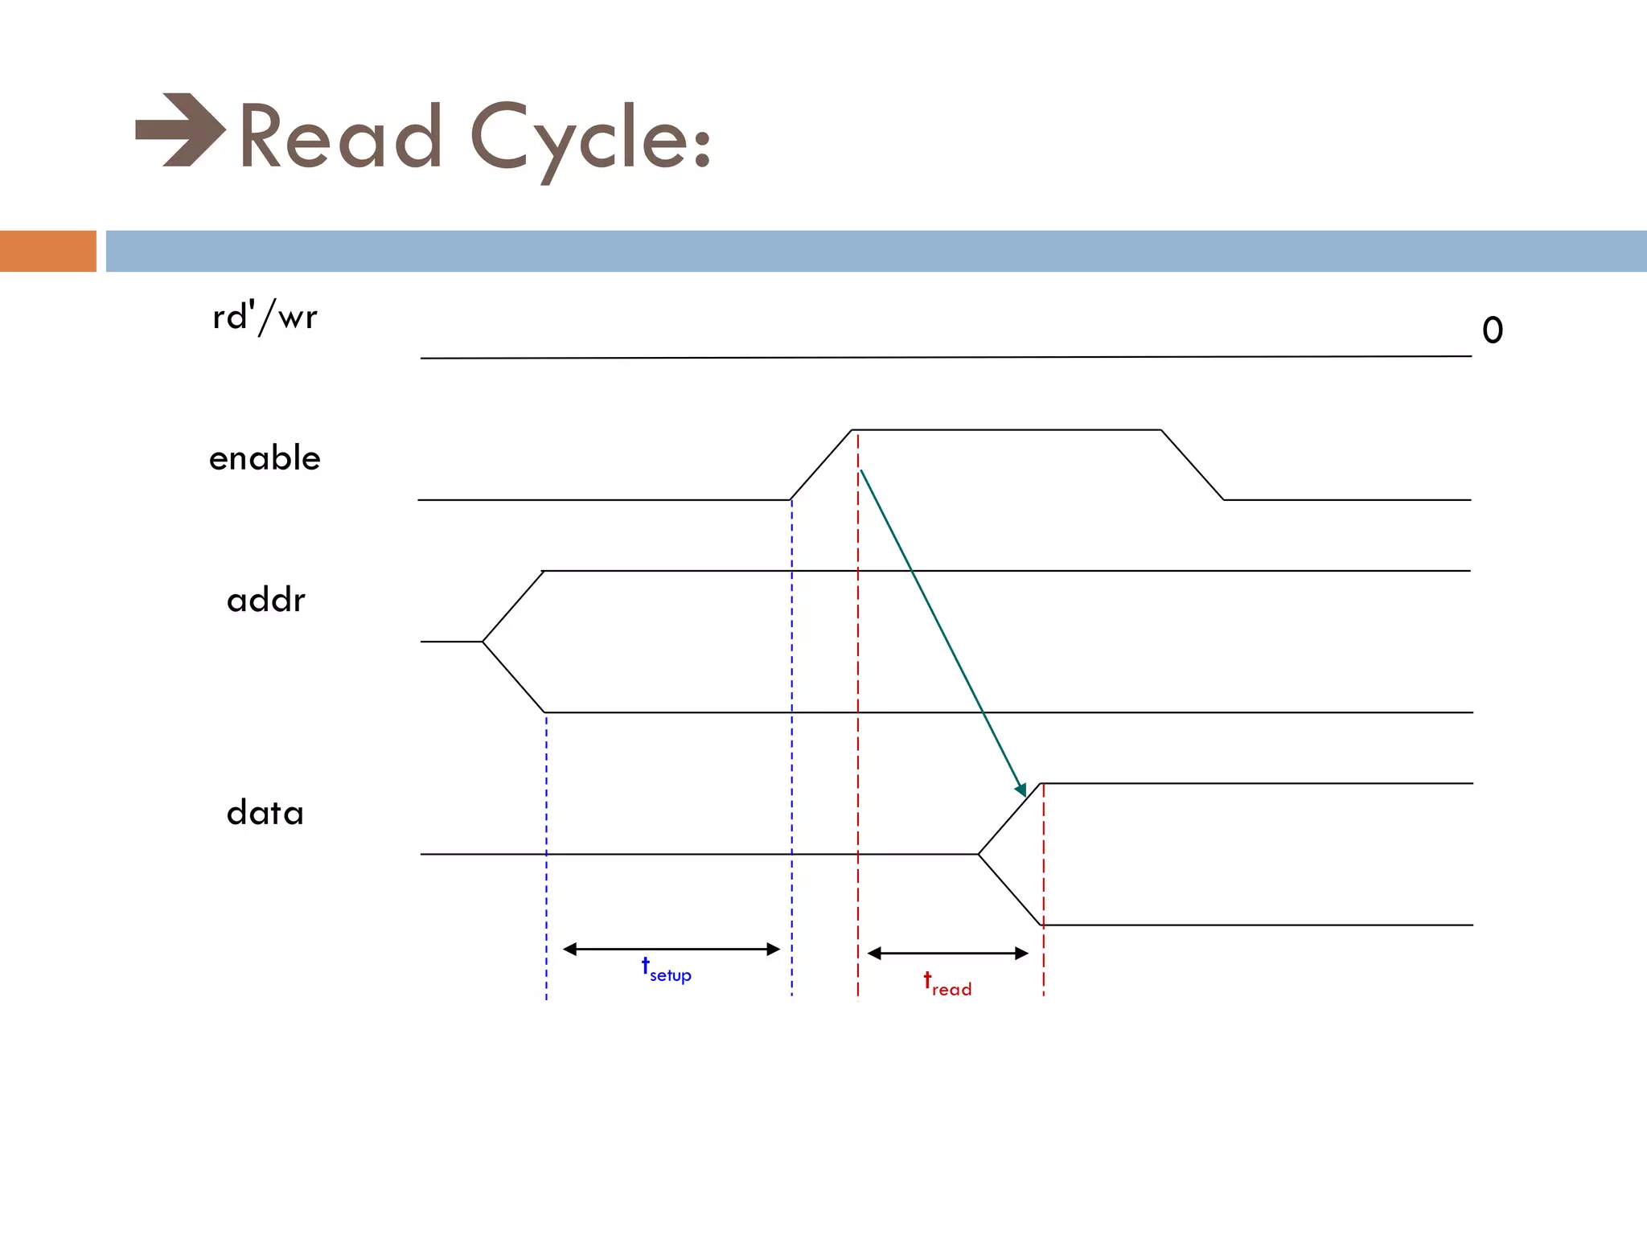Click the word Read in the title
tap(341, 137)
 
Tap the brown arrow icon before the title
tap(180, 130)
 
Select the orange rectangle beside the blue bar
tap(47, 251)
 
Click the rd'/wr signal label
tap(265, 317)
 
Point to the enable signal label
tap(265, 458)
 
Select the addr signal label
tap(266, 601)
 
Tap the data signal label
tap(265, 813)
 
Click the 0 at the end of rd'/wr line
tap(1493, 330)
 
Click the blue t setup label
tap(667, 970)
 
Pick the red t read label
tap(947, 984)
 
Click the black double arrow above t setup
tap(672, 950)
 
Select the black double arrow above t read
tap(948, 954)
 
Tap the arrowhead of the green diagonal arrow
tap(1021, 790)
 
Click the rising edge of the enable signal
tap(821, 465)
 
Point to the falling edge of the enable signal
tap(1193, 465)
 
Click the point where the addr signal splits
tap(483, 642)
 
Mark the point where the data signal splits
tap(979, 854)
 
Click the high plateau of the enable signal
tap(1005, 430)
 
